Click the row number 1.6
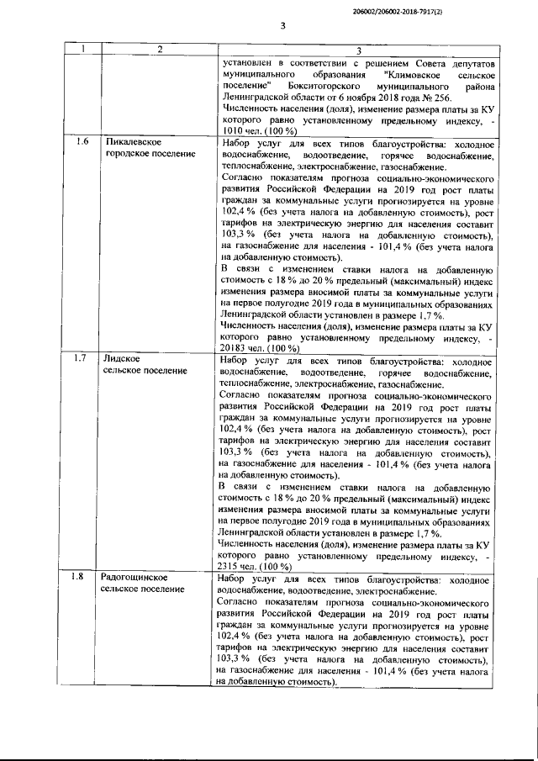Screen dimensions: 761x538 82,140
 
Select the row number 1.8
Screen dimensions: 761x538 82,578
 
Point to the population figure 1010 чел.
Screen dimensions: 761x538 240,132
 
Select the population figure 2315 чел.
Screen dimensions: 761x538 240,567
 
